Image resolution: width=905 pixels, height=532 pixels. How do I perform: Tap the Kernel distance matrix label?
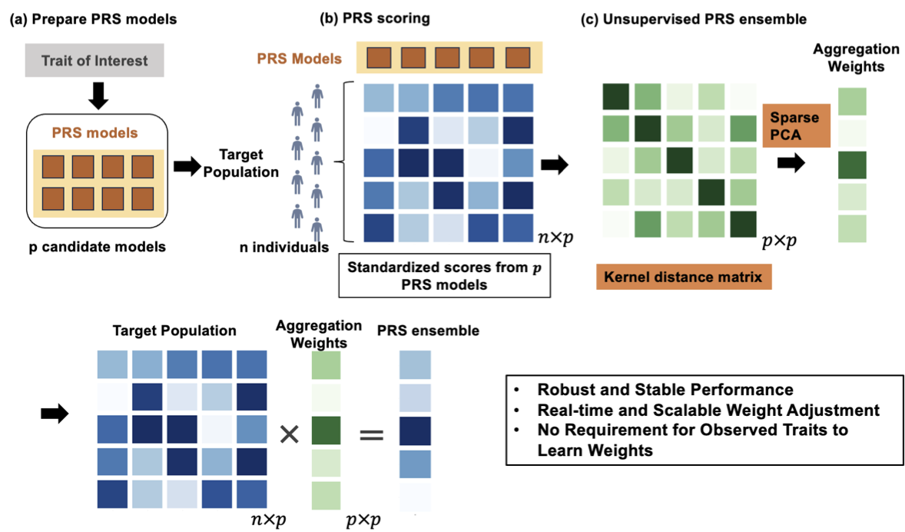[683, 277]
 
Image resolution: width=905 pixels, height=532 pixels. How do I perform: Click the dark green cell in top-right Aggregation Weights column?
[852, 166]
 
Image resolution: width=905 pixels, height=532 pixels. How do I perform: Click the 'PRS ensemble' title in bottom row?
[428, 331]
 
